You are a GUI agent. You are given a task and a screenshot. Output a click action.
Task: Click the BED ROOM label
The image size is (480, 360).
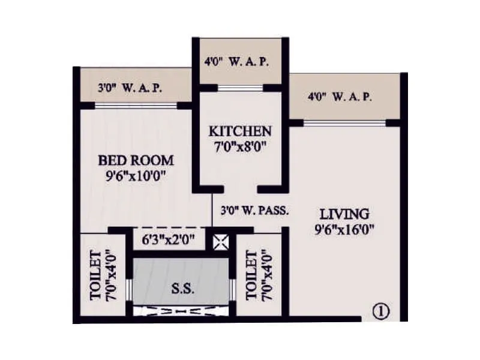(x=136, y=160)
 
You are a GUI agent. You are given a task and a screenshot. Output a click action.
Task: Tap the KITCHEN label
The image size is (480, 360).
(x=240, y=131)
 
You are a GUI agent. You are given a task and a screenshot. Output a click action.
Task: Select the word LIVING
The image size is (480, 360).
(x=344, y=214)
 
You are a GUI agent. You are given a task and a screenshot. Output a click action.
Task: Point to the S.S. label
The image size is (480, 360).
(x=182, y=289)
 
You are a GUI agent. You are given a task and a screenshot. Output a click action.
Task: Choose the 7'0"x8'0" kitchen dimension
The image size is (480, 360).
(x=240, y=146)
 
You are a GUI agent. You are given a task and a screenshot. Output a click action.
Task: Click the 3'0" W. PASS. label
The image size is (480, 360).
(x=256, y=211)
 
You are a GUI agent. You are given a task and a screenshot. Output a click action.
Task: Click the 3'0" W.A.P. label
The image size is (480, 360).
(x=130, y=88)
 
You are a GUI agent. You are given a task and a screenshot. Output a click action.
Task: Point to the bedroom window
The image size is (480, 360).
(x=136, y=106)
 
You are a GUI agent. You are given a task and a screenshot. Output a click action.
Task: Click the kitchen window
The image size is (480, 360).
(x=240, y=88)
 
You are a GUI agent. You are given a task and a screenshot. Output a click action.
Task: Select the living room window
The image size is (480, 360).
(x=344, y=122)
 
